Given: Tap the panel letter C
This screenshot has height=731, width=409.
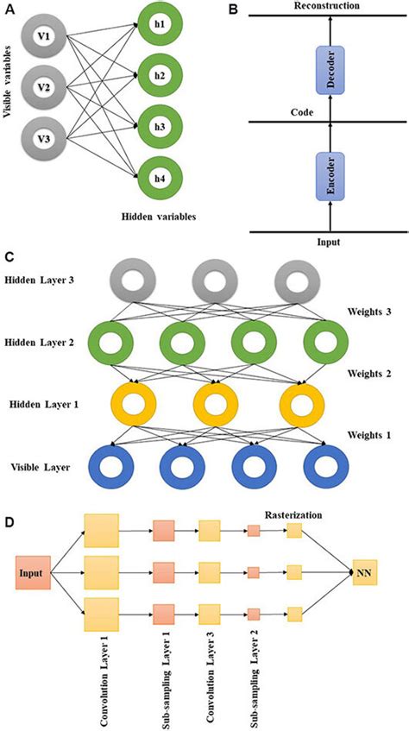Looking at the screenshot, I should point(9,256).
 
